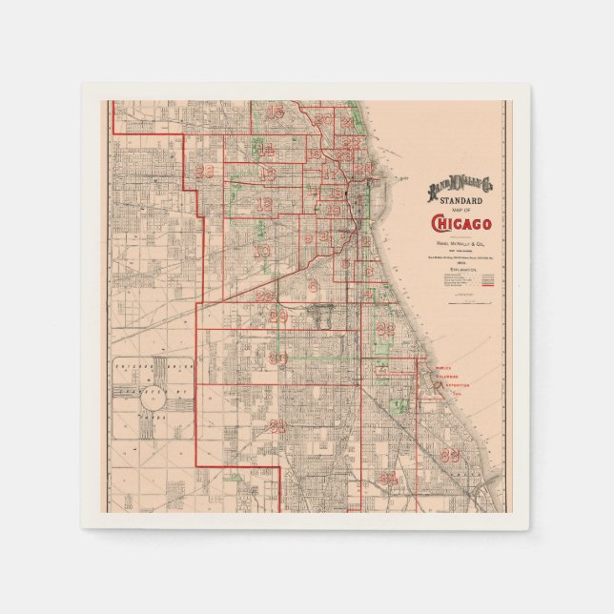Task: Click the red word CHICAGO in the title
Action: click(x=462, y=224)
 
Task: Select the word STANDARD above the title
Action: click(x=462, y=201)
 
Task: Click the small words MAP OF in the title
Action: click(x=462, y=211)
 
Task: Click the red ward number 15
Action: click(x=276, y=113)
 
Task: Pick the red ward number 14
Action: click(x=266, y=150)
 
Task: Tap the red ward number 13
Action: click(x=267, y=174)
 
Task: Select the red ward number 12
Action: click(x=263, y=204)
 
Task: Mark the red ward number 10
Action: click(x=261, y=251)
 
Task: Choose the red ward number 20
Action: click(x=323, y=120)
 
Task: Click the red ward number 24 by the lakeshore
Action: click(x=363, y=169)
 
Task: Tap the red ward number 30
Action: click(x=277, y=358)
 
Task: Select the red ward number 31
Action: click(x=277, y=426)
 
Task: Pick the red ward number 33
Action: click(x=449, y=455)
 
